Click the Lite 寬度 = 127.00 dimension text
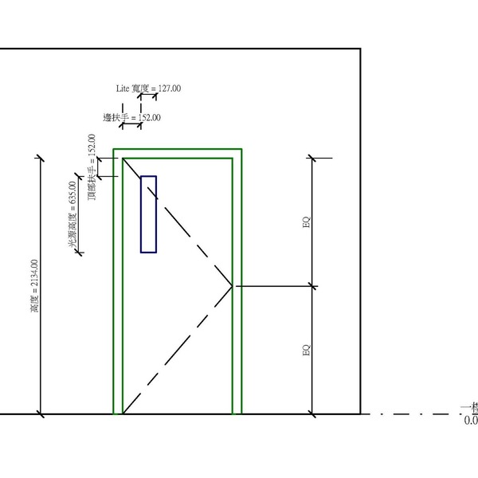point(149,88)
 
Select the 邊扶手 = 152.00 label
point(131,118)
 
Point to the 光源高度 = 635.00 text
point(72,222)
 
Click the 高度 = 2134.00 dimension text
point(33,285)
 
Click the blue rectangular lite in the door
point(148,214)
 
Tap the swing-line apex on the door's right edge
point(232,285)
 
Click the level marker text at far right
point(470,413)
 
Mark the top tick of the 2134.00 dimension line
point(41,157)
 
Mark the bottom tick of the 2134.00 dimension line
point(41,414)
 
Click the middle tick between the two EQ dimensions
point(312,285)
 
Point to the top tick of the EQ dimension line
point(312,158)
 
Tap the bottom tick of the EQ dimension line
point(312,414)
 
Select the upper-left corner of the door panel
point(123,158)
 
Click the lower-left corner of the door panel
point(123,413)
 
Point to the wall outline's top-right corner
point(361,49)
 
